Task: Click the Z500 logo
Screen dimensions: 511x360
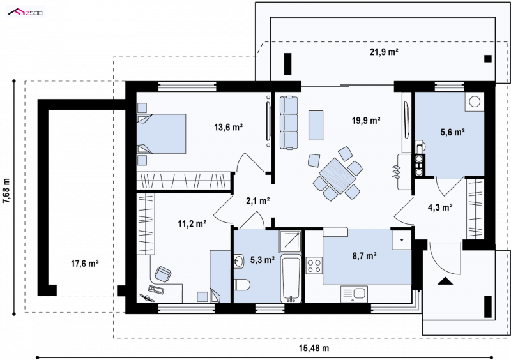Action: click(x=26, y=13)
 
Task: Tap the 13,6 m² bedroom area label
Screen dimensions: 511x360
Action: click(x=228, y=127)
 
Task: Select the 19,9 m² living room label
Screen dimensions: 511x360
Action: click(x=366, y=121)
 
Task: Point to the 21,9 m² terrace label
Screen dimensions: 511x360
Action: click(x=385, y=52)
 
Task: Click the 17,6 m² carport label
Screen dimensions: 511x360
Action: click(x=85, y=263)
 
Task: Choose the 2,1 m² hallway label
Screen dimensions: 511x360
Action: click(x=257, y=200)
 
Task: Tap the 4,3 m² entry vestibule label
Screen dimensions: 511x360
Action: click(x=440, y=207)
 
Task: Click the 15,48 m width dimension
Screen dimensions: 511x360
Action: click(x=314, y=349)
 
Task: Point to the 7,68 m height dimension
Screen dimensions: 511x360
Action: click(x=6, y=191)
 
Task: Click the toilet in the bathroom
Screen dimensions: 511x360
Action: click(x=242, y=285)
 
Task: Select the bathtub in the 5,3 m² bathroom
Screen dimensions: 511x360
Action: click(x=291, y=280)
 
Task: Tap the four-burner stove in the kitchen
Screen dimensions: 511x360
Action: click(x=314, y=265)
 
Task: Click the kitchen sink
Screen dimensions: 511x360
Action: click(x=354, y=294)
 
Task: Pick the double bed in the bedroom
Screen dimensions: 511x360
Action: click(x=161, y=133)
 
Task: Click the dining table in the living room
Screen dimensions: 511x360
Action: click(x=337, y=176)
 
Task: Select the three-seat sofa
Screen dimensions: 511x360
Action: click(x=289, y=123)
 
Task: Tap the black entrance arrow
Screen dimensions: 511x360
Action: click(x=445, y=281)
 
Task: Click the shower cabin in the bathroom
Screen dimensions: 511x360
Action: click(x=291, y=241)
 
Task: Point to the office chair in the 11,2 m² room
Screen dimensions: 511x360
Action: click(x=162, y=274)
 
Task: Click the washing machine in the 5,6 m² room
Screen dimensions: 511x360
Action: click(x=475, y=102)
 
